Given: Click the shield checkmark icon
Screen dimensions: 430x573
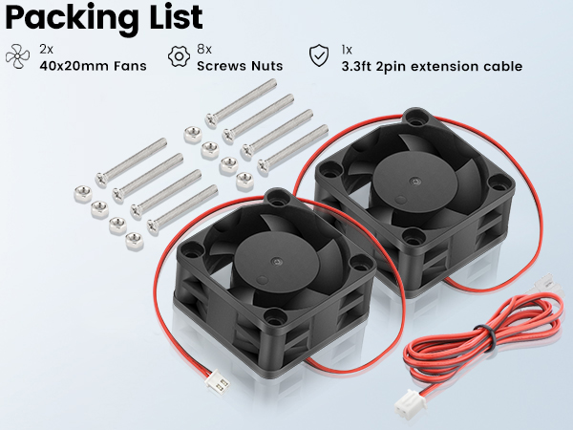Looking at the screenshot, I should coord(317,55).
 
